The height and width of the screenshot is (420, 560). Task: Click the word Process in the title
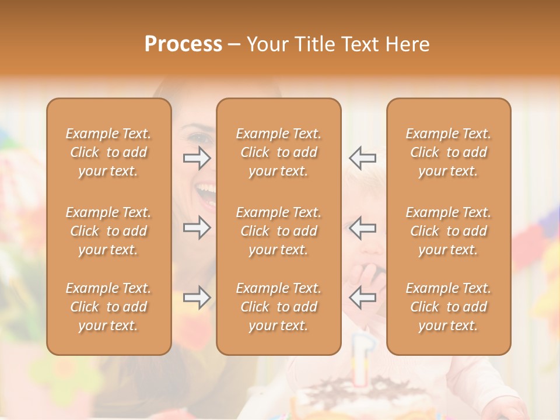coord(183,44)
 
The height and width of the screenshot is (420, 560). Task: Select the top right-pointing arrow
coord(197,158)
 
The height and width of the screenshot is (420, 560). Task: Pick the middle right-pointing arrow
coord(197,228)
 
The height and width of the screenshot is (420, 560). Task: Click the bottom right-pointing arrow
coord(197,297)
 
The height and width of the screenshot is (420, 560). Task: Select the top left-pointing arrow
coord(362,158)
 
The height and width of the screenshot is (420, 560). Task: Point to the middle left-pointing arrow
coord(362,228)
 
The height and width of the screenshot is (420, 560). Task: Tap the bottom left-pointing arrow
coord(362,297)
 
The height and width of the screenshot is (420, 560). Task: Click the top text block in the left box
coord(108,152)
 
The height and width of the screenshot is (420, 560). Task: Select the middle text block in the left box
coord(108,231)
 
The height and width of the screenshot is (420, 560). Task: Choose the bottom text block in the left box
coord(108,307)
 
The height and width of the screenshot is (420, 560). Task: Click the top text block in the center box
coord(279,152)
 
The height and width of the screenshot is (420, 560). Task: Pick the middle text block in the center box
coord(279,231)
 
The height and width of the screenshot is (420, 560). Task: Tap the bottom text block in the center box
coord(279,307)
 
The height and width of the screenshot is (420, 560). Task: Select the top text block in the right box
coord(449,152)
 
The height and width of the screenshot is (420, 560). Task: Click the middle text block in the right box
coord(449,231)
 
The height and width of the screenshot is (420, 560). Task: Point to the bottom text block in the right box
coord(449,307)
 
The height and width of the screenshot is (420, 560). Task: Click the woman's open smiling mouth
coord(205,190)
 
